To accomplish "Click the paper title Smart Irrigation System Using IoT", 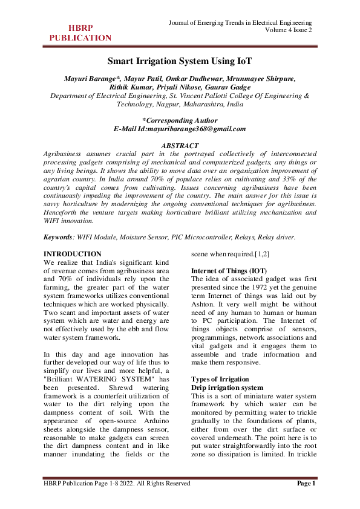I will [x=179, y=61].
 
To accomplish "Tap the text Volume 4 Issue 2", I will [x=288, y=31].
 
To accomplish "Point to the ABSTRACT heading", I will [x=179, y=146].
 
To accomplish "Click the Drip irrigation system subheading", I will [x=227, y=387].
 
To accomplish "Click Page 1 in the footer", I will [x=306, y=483].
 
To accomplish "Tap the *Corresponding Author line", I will [x=179, y=120].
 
